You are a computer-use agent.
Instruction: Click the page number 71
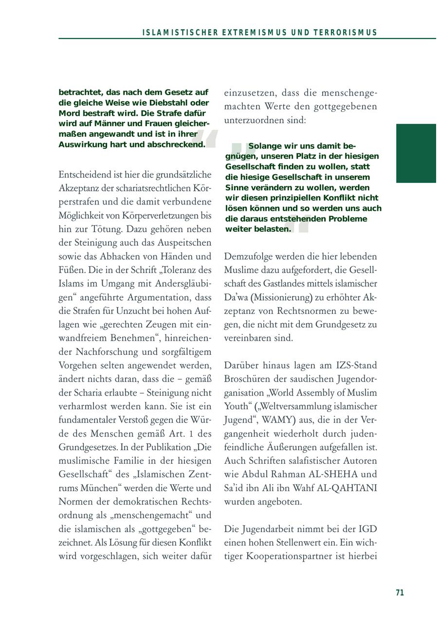(400, 592)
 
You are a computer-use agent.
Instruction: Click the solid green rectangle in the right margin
(416, 153)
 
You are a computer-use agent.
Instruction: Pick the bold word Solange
(266, 146)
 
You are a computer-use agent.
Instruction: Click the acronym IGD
(368, 529)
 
